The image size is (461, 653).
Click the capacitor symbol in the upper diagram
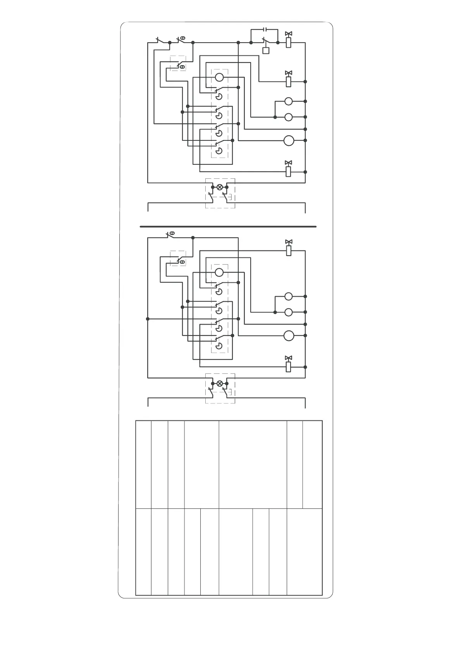[265, 29]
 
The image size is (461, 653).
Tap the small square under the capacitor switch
[266, 50]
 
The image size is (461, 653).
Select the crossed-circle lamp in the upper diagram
[220, 187]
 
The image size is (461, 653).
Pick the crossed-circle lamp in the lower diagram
[220, 383]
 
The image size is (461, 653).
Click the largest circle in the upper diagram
[289, 140]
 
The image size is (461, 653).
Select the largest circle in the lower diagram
[289, 335]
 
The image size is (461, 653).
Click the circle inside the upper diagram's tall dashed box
[219, 77]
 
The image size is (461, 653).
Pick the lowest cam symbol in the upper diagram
[219, 150]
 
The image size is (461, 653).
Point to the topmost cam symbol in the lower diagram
[219, 291]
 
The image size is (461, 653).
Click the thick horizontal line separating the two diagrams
[228, 226]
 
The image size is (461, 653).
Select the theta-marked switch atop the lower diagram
[170, 235]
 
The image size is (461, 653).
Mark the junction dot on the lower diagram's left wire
[148, 319]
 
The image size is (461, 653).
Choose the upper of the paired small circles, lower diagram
[288, 296]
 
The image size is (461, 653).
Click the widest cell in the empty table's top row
[253, 464]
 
